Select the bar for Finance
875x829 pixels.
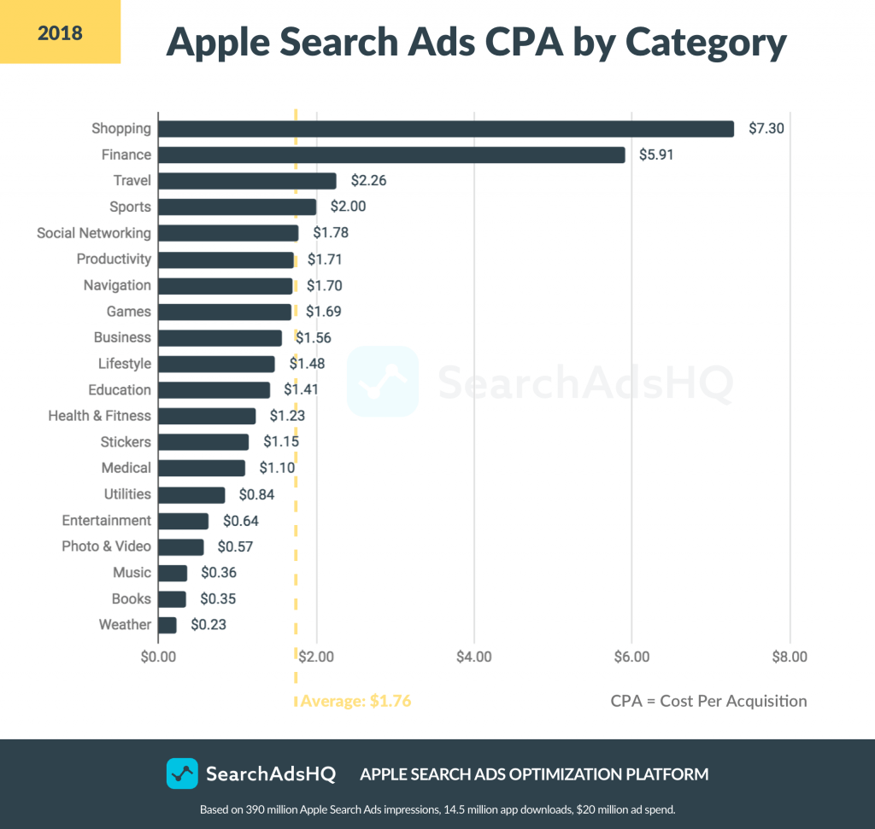(x=391, y=155)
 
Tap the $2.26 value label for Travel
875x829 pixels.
(x=364, y=181)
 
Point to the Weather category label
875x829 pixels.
(x=125, y=625)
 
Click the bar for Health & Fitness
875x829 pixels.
(x=207, y=416)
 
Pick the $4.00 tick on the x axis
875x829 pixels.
(x=473, y=657)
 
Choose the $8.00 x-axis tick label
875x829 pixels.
(x=789, y=657)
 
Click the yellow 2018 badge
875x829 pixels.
(x=60, y=33)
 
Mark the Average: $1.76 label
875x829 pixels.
(x=355, y=702)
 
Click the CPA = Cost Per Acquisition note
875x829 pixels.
(x=708, y=701)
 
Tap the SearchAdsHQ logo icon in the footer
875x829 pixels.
(x=182, y=774)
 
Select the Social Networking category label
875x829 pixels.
(x=94, y=233)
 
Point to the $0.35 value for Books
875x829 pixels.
(x=218, y=598)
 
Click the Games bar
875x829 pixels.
(x=225, y=312)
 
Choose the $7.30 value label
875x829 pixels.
(x=766, y=129)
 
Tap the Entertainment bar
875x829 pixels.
(x=183, y=521)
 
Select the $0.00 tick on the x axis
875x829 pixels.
(x=158, y=657)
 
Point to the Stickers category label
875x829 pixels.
(x=126, y=442)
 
